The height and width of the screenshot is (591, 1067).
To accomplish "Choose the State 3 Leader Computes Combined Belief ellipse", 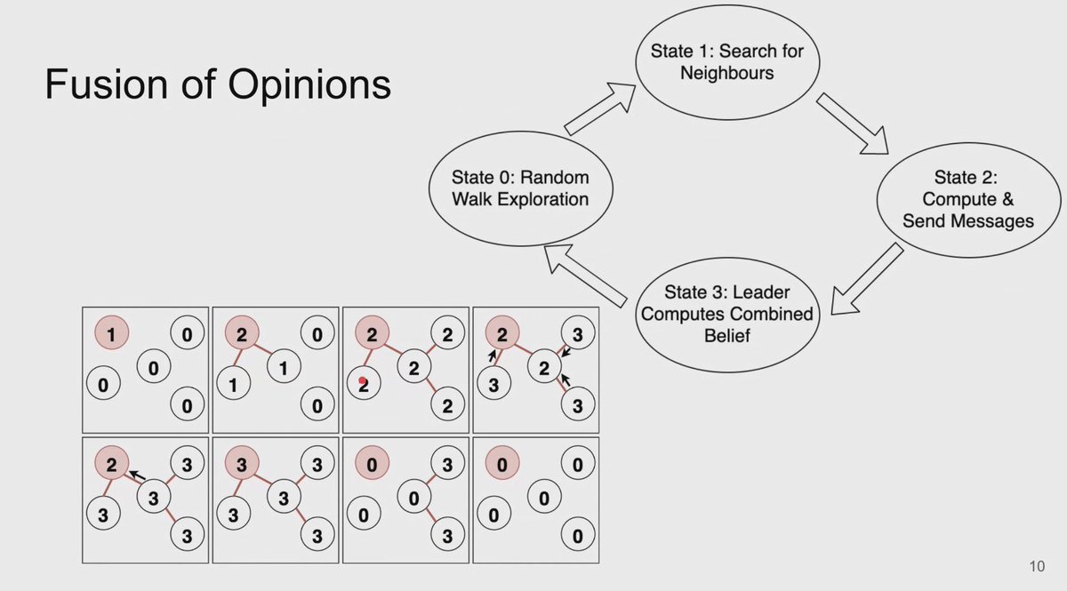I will (x=727, y=314).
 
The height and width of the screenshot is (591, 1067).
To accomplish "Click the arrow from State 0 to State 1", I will (x=599, y=107).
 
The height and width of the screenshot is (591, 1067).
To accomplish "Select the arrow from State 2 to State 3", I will (x=867, y=279).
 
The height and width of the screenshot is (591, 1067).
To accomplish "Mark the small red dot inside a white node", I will (x=362, y=381).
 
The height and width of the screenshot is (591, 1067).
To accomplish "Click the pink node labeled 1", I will (x=111, y=334).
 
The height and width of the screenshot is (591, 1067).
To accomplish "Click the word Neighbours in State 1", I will (x=726, y=72).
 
